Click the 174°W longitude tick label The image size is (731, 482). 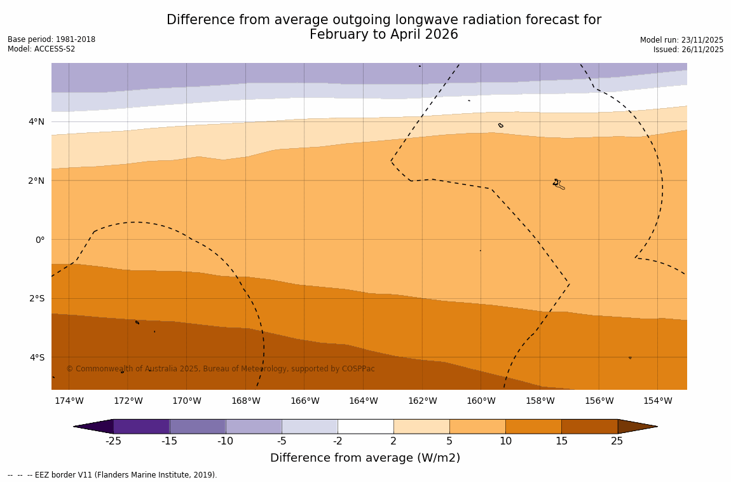[69, 401]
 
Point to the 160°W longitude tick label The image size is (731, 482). [481, 401]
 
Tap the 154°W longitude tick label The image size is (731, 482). [657, 401]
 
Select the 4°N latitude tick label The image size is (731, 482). [37, 121]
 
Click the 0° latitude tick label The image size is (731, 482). [40, 240]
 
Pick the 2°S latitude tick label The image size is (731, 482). [37, 298]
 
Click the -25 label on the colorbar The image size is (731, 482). [113, 441]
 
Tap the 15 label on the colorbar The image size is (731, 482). [561, 441]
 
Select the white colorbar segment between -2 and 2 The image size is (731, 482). [365, 426]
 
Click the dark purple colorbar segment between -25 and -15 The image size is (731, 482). [141, 426]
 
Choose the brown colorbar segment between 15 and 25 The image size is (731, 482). [589, 426]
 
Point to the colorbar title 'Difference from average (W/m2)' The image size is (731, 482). [365, 458]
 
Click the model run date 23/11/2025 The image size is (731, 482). [701, 39]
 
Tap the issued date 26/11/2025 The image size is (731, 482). [701, 50]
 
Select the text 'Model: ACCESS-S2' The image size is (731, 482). [41, 49]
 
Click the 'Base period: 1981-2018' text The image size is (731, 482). [51, 39]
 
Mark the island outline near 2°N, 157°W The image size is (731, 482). [558, 184]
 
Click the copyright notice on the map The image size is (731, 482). [221, 369]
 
